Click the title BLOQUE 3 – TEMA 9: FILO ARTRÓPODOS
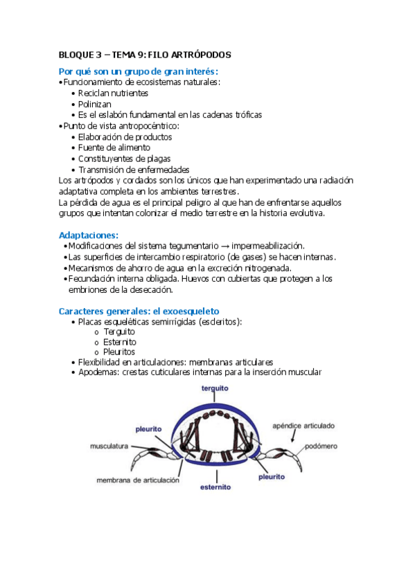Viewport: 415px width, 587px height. pos(145,54)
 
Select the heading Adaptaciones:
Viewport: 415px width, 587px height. pos(89,235)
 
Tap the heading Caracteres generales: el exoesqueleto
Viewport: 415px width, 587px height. pos(139,311)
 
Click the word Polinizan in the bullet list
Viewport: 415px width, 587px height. pos(95,104)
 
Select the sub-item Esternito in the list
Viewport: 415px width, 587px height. pos(121,341)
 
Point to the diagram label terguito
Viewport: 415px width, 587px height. pos(215,389)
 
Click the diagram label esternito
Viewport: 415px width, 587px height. pos(215,487)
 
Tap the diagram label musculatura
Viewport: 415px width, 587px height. pos(109,446)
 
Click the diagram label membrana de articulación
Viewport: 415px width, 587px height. pos(138,480)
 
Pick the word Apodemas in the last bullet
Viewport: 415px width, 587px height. pos(98,372)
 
